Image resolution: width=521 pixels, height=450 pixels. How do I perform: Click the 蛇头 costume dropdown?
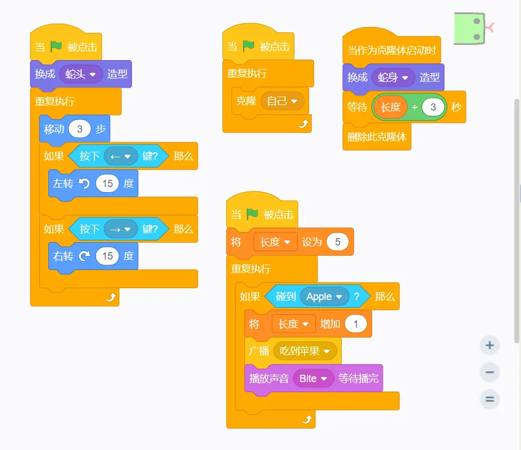coord(81,74)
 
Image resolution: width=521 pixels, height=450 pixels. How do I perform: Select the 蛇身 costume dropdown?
coord(393,78)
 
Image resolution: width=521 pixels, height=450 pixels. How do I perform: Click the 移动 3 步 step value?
coord(80,129)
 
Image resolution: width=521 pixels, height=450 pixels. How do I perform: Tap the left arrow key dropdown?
coord(120,156)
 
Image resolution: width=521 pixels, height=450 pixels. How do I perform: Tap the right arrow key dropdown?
coord(120,229)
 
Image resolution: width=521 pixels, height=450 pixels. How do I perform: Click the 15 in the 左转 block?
coord(107,184)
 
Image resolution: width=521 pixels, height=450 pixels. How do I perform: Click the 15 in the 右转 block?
coord(107,256)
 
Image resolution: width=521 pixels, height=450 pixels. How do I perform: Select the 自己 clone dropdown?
coord(282,101)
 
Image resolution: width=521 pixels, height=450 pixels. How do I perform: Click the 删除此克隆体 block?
coord(377,137)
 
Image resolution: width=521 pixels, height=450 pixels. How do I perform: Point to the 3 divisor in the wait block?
coord(433,107)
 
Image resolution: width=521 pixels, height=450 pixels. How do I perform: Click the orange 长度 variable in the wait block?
coord(391,107)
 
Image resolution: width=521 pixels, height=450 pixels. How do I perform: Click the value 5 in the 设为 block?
coord(337,242)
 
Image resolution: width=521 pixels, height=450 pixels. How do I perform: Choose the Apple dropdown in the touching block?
coord(324,297)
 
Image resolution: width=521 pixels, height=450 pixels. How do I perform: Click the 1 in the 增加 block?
coord(355,324)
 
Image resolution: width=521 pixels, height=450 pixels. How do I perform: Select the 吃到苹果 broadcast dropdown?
coord(305,351)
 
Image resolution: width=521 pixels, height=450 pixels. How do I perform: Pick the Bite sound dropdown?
coord(313,379)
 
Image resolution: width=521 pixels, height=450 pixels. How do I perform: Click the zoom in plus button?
coord(490,345)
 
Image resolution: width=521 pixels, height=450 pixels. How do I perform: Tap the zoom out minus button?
coord(490,372)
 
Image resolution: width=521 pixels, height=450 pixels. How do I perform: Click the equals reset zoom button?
coord(490,399)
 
